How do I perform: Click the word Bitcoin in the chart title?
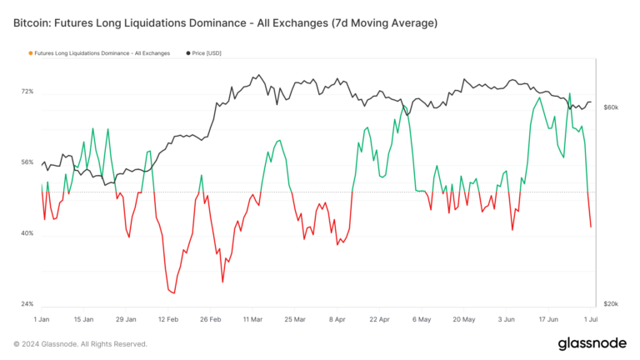point(33,22)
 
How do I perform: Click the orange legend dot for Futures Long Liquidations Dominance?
point(31,53)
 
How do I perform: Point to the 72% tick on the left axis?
point(27,91)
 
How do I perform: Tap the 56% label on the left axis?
point(27,162)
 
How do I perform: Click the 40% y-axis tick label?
point(27,233)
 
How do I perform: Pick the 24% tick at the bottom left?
point(27,304)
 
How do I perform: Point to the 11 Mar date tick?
point(253,319)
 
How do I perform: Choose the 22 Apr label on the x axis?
point(379,319)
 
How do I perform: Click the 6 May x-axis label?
point(422,319)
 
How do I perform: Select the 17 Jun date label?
point(548,319)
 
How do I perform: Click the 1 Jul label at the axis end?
point(589,319)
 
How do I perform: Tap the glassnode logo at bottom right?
point(592,343)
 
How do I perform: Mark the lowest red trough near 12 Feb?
point(172,292)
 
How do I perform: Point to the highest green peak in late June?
point(570,93)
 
